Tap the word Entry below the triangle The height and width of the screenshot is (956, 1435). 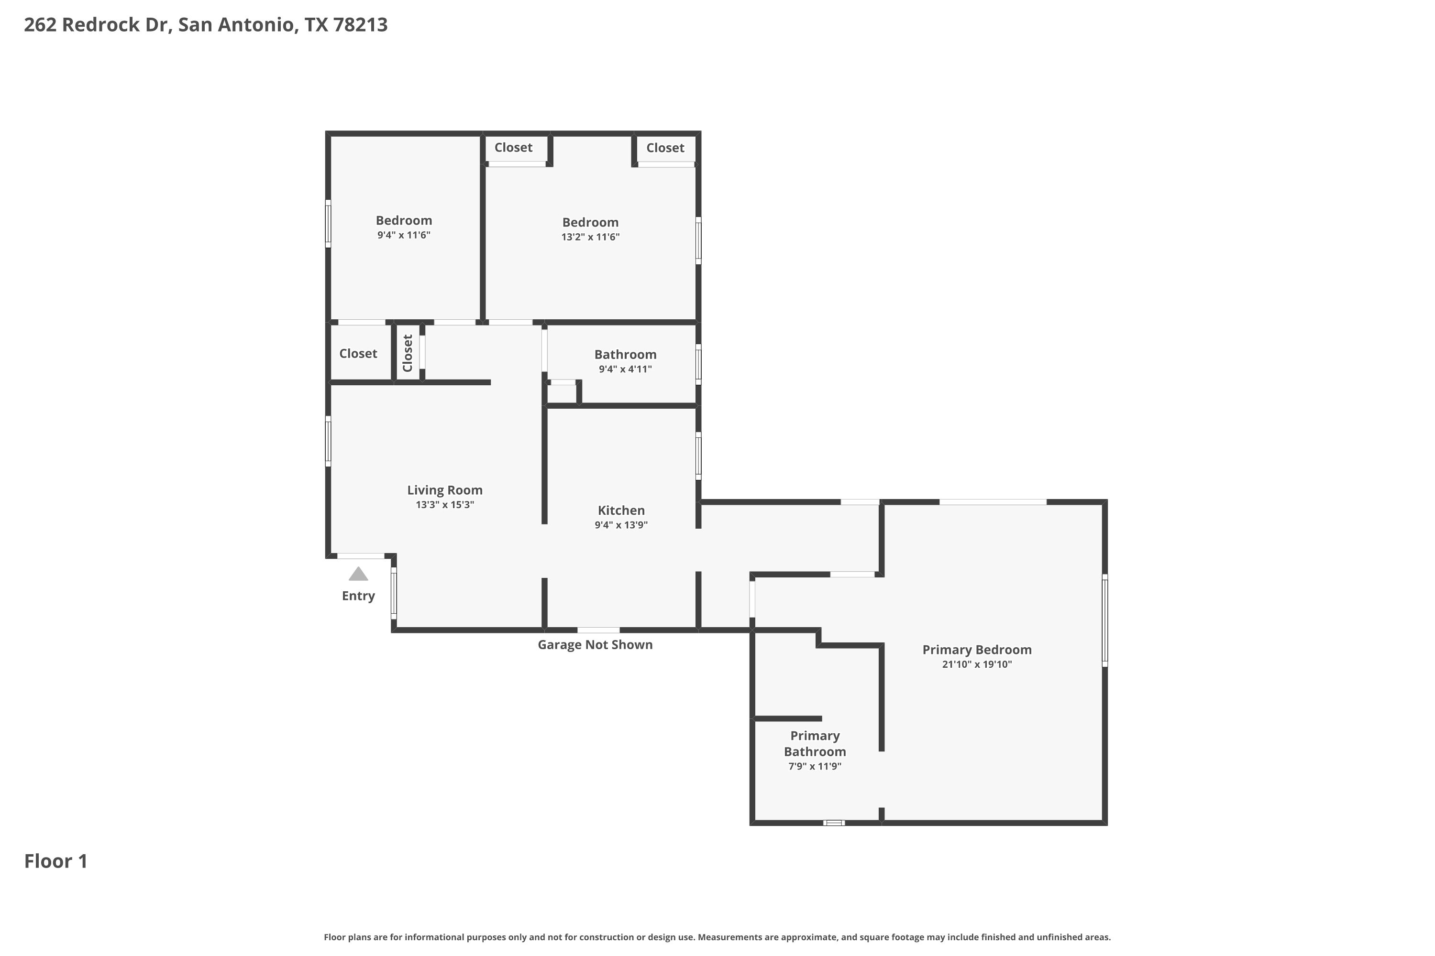pyautogui.click(x=358, y=596)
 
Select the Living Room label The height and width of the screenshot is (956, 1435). pyautogui.click(x=445, y=490)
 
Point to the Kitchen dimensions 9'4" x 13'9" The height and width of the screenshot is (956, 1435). pyautogui.click(x=621, y=525)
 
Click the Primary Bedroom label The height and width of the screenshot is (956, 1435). pyautogui.click(x=977, y=650)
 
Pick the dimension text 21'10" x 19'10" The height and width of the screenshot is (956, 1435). pyautogui.click(x=977, y=664)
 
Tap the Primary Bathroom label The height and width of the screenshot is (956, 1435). pyautogui.click(x=815, y=744)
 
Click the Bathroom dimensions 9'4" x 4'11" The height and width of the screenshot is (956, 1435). pyautogui.click(x=625, y=369)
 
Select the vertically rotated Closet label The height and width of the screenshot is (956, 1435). pyautogui.click(x=408, y=353)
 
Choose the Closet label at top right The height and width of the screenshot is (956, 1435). pyautogui.click(x=665, y=148)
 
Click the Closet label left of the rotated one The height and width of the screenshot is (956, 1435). pyautogui.click(x=358, y=354)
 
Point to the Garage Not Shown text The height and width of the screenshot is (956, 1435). pyautogui.click(x=595, y=644)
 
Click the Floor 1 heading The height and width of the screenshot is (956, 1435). pyautogui.click(x=56, y=861)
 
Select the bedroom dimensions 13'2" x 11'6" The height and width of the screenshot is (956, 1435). pyautogui.click(x=591, y=237)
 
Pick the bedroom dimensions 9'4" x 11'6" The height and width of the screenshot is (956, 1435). pyautogui.click(x=404, y=235)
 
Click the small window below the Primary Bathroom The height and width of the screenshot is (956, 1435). pyautogui.click(x=834, y=823)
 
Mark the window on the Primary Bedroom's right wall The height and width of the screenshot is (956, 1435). pyautogui.click(x=1105, y=620)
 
